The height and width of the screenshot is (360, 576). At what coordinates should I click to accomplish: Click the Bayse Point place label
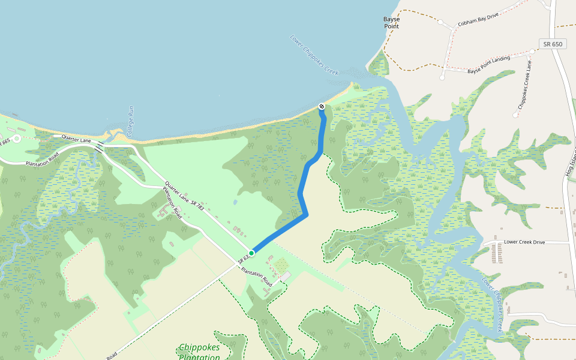click(x=392, y=23)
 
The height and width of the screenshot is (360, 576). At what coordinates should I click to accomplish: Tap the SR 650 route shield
click(x=553, y=44)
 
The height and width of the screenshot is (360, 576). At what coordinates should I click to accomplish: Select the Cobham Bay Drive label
click(x=478, y=20)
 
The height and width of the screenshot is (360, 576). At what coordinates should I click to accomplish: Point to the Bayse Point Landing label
click(x=488, y=65)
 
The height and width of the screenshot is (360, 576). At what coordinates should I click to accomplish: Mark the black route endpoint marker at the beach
click(x=322, y=107)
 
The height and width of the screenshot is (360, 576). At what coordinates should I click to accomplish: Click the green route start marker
click(x=252, y=253)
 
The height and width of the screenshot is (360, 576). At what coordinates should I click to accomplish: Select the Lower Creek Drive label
click(x=524, y=242)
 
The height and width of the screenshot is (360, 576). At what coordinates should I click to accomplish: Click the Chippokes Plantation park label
click(x=199, y=352)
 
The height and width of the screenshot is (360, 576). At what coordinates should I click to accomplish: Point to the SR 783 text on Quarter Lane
click(x=197, y=204)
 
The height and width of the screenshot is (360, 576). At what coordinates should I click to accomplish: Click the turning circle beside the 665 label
click(x=16, y=138)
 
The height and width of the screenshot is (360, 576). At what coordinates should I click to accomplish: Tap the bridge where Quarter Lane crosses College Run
click(x=99, y=145)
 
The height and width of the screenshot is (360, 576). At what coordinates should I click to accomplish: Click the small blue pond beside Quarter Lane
click(x=235, y=202)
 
